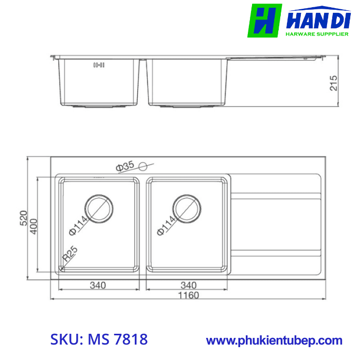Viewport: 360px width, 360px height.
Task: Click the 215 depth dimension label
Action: [333, 83]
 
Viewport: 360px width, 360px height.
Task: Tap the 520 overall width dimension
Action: [23, 219]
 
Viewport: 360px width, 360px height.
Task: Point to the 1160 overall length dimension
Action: [188, 295]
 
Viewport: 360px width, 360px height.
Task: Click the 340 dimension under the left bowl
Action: [97, 285]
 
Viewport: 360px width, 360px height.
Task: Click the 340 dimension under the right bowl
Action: [189, 285]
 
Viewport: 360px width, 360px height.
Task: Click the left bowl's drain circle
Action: [99, 208]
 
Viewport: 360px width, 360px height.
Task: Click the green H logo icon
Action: [264, 21]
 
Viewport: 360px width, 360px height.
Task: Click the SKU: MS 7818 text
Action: [99, 339]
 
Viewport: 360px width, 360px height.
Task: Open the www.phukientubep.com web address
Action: [274, 340]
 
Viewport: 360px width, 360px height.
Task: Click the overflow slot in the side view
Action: [99, 65]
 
